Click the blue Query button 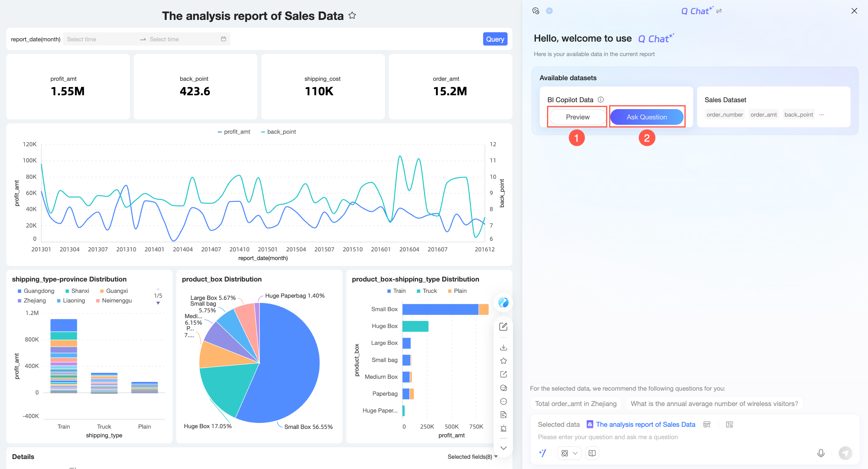[x=495, y=39]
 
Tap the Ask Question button [x=646, y=117]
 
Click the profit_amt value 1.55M [x=68, y=91]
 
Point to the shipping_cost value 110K [x=319, y=91]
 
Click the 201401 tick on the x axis [x=154, y=249]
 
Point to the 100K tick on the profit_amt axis [x=30, y=160]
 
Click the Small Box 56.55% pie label [x=308, y=427]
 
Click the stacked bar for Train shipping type [x=64, y=356]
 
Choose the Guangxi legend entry [x=114, y=291]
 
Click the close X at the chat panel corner [x=854, y=11]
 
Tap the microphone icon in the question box [x=821, y=453]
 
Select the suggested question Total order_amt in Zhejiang [x=576, y=404]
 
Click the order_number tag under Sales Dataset [x=725, y=115]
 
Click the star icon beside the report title [x=352, y=15]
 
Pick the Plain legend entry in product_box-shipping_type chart [x=457, y=291]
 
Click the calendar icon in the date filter [x=223, y=39]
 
